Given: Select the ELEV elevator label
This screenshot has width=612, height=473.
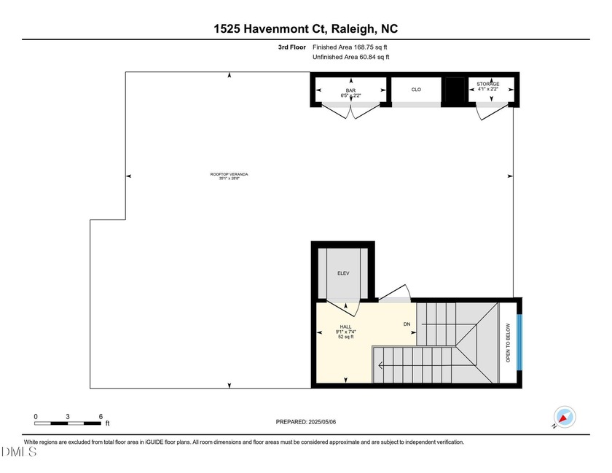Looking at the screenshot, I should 343,273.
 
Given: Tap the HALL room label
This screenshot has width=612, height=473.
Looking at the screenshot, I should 346,327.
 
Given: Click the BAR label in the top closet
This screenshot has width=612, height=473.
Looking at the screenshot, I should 350,90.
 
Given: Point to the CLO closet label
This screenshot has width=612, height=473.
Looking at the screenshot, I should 416,90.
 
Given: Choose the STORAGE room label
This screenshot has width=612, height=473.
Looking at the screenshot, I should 488,85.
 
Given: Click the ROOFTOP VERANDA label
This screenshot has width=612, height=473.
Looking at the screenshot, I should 229,174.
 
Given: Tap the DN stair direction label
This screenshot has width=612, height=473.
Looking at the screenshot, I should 407,324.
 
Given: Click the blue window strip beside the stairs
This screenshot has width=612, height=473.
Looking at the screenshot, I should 519,343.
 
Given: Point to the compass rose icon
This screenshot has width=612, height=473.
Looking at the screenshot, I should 564,418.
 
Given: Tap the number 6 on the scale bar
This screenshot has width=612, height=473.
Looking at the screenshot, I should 101,416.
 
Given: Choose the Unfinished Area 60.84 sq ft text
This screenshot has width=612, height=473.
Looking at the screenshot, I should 350,57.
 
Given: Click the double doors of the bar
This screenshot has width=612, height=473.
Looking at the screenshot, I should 350,112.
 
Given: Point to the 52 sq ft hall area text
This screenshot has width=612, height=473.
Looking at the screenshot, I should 346,337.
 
